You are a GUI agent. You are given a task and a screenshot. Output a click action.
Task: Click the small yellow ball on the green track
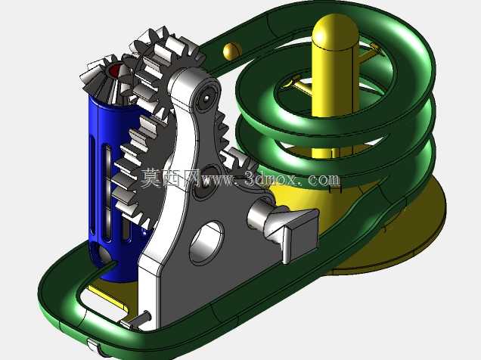[232, 51]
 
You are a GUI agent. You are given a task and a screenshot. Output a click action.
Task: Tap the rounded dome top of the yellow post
[335, 31]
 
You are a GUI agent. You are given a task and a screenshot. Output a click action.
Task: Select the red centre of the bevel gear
[115, 70]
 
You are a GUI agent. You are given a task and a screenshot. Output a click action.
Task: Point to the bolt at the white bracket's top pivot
[206, 98]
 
